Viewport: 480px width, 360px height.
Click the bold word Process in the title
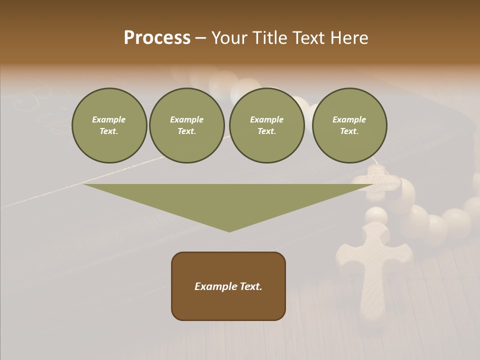click(157, 37)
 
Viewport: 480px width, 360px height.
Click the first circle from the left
click(109, 125)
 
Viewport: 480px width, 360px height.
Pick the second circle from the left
click(186, 125)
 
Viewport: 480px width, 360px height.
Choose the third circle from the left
click(266, 125)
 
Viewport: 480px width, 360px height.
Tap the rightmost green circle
click(349, 125)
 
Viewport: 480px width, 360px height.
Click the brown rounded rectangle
click(228, 286)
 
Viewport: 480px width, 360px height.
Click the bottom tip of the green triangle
click(229, 230)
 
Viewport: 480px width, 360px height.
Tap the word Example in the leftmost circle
click(109, 119)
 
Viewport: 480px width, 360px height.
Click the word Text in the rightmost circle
click(349, 131)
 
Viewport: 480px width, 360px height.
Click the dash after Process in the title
click(200, 38)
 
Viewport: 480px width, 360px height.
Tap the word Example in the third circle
click(266, 119)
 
